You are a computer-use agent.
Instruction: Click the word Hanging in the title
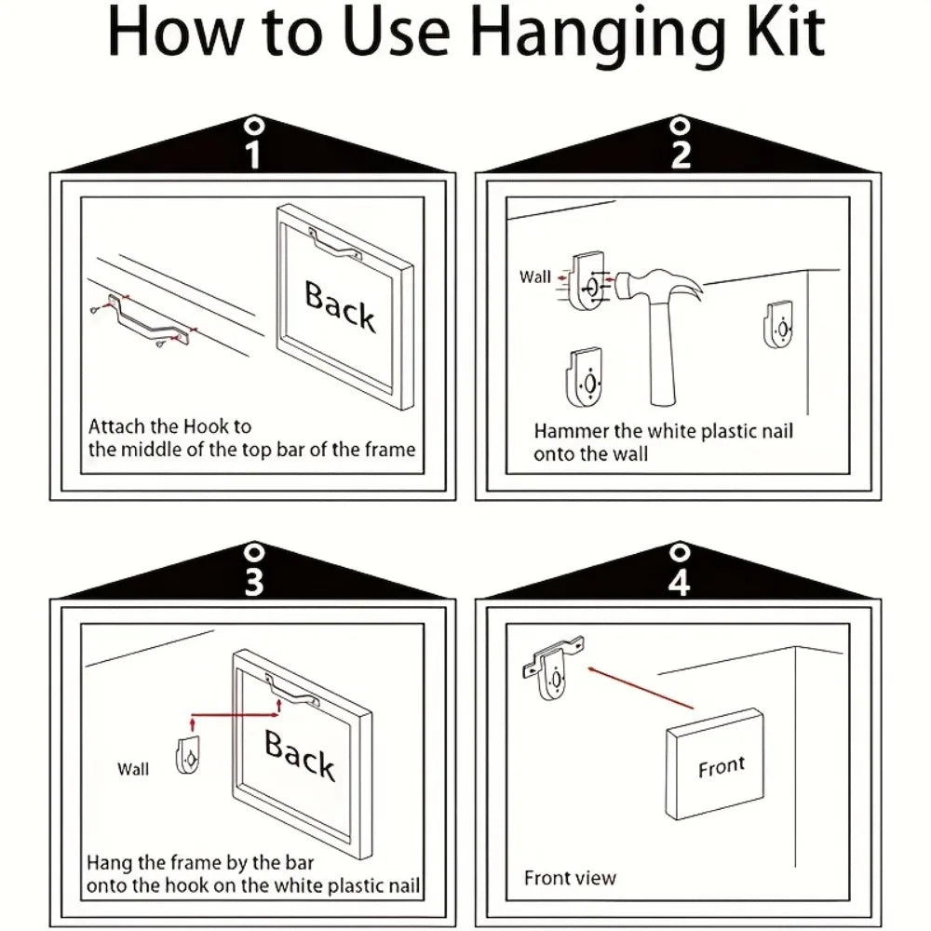click(x=599, y=34)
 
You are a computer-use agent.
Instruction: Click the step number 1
click(x=253, y=155)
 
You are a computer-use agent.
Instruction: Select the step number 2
click(x=681, y=155)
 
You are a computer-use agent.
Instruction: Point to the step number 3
click(x=254, y=582)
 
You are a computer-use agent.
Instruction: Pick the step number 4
click(x=680, y=582)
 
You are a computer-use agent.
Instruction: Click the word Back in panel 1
click(x=340, y=306)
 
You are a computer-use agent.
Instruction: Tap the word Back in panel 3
click(x=300, y=754)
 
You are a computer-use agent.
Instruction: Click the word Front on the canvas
click(x=722, y=767)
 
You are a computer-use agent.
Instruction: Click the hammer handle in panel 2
click(x=662, y=354)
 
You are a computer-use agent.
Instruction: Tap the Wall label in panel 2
click(x=535, y=277)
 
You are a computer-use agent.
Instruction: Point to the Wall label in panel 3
click(x=133, y=769)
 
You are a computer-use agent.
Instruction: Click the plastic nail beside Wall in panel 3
click(x=188, y=755)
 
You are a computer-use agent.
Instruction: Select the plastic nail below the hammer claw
click(x=778, y=325)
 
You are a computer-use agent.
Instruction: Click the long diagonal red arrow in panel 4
click(x=641, y=688)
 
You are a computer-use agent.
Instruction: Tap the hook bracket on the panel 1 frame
click(x=335, y=245)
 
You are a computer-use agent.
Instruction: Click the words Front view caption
click(x=570, y=878)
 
